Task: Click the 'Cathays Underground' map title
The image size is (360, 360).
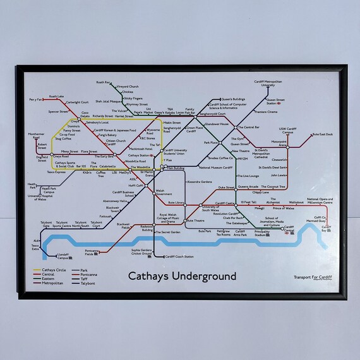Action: pos(182,276)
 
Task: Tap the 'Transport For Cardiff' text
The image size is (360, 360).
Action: pos(312,278)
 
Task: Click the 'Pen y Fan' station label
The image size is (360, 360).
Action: pos(35,100)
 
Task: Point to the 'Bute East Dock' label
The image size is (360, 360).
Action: pos(322,135)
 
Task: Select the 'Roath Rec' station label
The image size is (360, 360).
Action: pos(104,83)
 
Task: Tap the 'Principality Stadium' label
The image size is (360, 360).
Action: pos(261,233)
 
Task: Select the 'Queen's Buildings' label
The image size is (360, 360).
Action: pos(232,100)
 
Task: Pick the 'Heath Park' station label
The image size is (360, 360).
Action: pos(32,186)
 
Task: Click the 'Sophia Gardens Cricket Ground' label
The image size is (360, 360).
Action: pos(142,251)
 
